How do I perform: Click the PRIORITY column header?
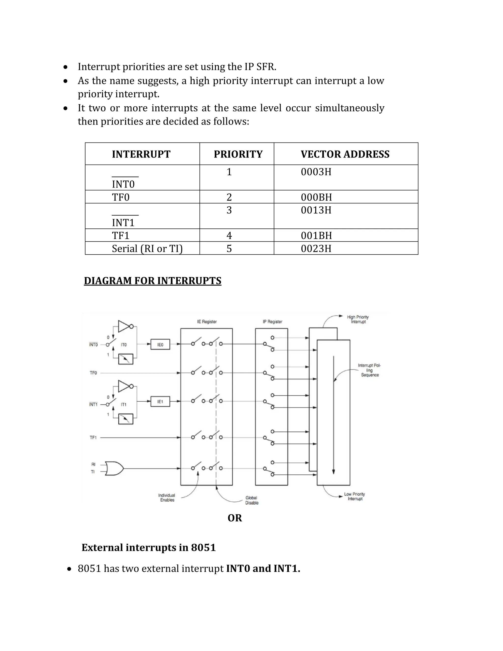(x=238, y=154)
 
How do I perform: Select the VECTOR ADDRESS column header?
(x=345, y=154)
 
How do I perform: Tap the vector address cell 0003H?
(x=316, y=172)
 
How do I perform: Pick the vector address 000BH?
(x=316, y=197)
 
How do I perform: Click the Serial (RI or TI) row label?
(x=147, y=249)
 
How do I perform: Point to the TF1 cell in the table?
(x=121, y=236)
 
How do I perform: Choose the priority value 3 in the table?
(x=229, y=210)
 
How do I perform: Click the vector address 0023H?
(x=316, y=249)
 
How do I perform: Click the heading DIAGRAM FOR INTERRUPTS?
(x=152, y=281)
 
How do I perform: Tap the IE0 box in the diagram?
(x=160, y=345)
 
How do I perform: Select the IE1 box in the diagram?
(x=160, y=401)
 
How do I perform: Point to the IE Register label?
(x=207, y=322)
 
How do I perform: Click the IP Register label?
(x=272, y=322)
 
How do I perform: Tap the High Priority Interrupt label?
(x=358, y=319)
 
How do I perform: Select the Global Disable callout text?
(x=252, y=500)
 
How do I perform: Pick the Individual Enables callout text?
(x=167, y=497)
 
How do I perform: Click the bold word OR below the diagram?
(x=235, y=518)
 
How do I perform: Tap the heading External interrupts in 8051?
(x=148, y=548)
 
